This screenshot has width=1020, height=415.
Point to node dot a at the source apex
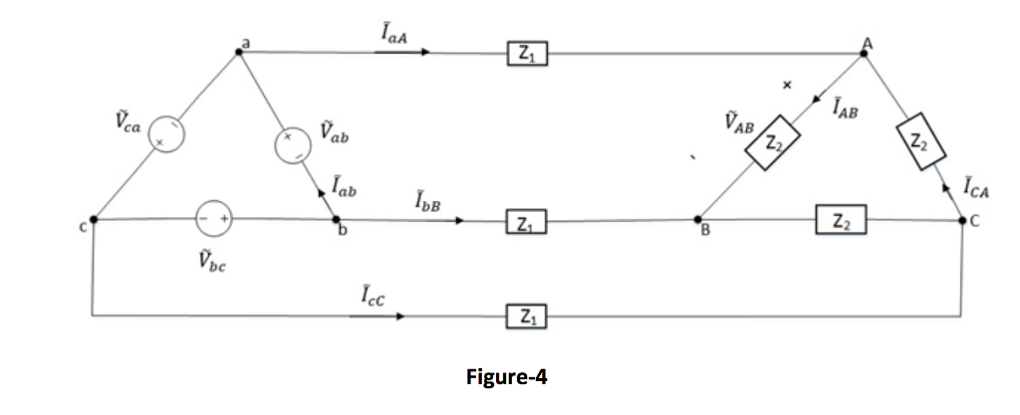[x=238, y=52]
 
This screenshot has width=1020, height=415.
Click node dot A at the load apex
[x=864, y=52]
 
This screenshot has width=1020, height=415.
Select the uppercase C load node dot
[x=963, y=219]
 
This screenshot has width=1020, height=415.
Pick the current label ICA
[x=977, y=185]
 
